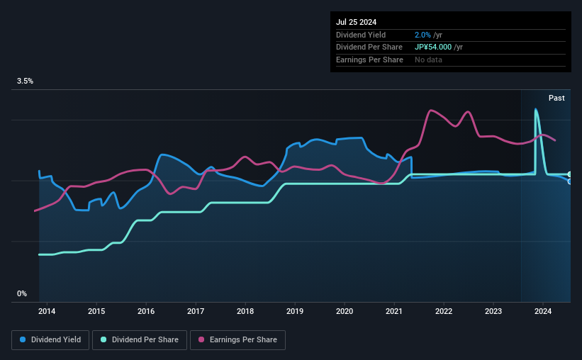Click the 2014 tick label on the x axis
47,311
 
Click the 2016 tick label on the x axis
146,311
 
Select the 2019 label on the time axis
295,311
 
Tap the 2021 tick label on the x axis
394,311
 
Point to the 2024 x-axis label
543,311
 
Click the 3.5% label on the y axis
26,81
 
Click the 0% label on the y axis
22,293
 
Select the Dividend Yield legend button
50,340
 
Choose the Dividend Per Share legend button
140,340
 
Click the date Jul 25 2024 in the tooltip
357,22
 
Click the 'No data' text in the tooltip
428,60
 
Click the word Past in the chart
556,98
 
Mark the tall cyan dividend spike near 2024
536,110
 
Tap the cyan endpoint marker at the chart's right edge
569,174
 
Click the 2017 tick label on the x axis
196,311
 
